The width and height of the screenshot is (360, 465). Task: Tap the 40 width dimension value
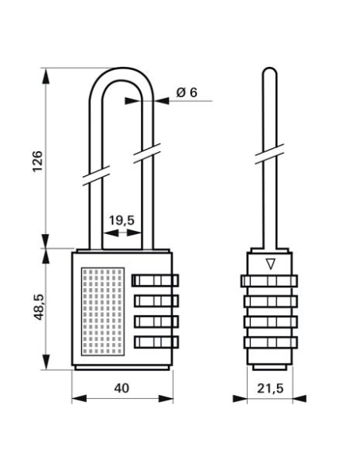coord(122,387)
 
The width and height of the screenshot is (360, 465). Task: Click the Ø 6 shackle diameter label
coord(186,93)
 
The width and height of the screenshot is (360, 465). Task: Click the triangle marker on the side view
coord(270,264)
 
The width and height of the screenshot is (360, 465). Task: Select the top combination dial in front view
coord(155,280)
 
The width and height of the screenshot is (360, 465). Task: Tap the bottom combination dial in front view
coord(155,342)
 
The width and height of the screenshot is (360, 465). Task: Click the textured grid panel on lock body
coord(102,311)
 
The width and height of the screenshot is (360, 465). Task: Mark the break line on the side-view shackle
coord(270,154)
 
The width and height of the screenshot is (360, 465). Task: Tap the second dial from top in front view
coord(155,301)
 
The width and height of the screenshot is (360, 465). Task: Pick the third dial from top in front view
coord(155,322)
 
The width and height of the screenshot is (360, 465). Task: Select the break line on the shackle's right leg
coord(146,151)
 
